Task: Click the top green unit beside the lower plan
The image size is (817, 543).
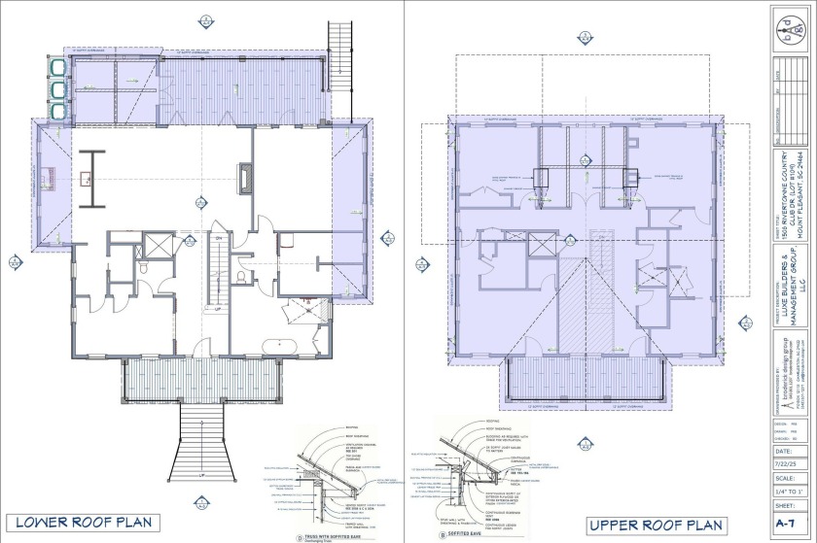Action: click(54, 66)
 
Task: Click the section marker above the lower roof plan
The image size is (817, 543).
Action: click(205, 20)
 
